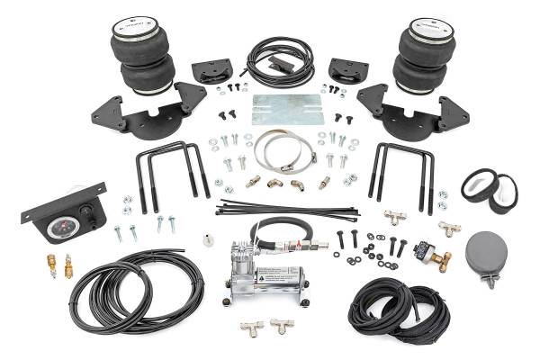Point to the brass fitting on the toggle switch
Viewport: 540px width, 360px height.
click(x=443, y=264)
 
